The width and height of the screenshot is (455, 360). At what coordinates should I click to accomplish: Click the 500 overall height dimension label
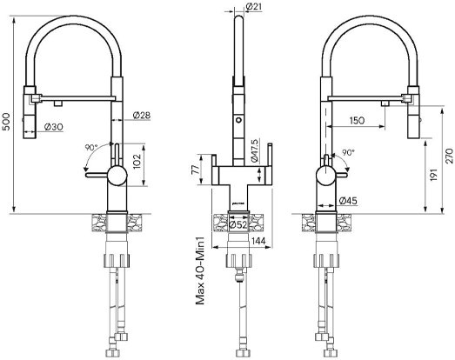(6, 121)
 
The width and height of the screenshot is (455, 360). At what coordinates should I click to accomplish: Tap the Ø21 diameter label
(254, 6)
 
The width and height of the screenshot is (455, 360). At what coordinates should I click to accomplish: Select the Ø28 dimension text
(142, 115)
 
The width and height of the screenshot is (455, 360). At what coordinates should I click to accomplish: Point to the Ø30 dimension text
(53, 127)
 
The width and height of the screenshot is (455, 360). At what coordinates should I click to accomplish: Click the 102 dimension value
(136, 161)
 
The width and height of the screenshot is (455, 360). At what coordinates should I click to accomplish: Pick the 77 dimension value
(196, 169)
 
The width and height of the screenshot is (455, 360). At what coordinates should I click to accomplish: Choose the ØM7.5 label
(254, 150)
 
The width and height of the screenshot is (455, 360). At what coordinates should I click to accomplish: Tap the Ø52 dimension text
(238, 224)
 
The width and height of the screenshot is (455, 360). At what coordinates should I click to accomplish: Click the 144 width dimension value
(258, 241)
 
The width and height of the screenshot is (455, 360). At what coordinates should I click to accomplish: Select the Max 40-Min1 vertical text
(200, 270)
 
